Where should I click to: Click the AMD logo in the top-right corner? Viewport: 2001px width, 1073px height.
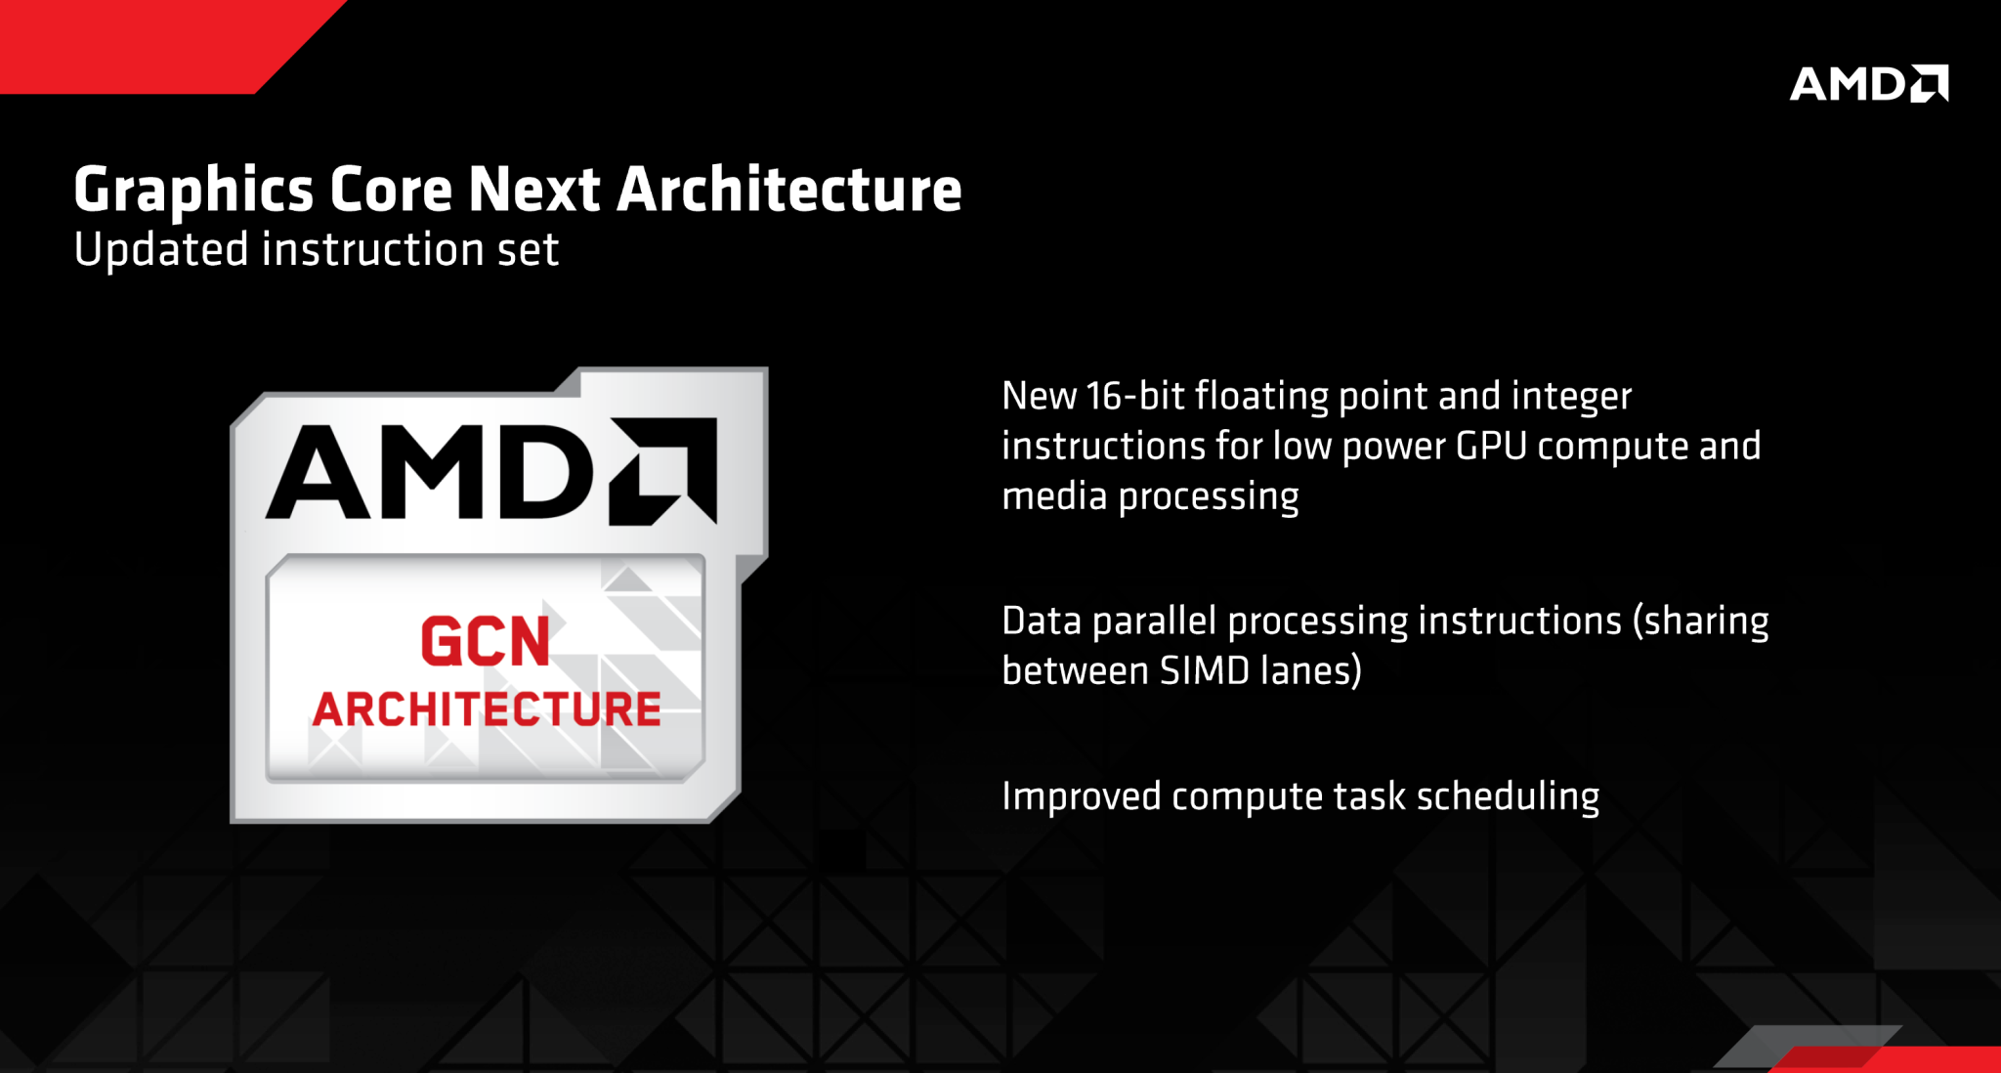pyautogui.click(x=1868, y=84)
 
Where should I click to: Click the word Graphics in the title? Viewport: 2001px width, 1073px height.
pyautogui.click(x=193, y=191)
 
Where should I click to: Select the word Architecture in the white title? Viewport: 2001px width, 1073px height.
pyautogui.click(x=789, y=189)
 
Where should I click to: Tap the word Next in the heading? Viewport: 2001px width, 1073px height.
pyautogui.click(x=534, y=189)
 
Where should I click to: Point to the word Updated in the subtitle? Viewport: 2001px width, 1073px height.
pyautogui.click(x=161, y=250)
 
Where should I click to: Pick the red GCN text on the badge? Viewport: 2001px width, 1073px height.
pyautogui.click(x=486, y=642)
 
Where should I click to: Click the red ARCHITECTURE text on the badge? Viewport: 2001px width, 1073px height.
pyautogui.click(x=487, y=709)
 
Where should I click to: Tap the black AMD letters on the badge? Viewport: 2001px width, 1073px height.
pyautogui.click(x=430, y=472)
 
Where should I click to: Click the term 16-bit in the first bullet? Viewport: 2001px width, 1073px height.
pyautogui.click(x=1135, y=396)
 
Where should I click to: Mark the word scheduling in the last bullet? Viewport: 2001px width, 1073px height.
pyautogui.click(x=1509, y=797)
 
